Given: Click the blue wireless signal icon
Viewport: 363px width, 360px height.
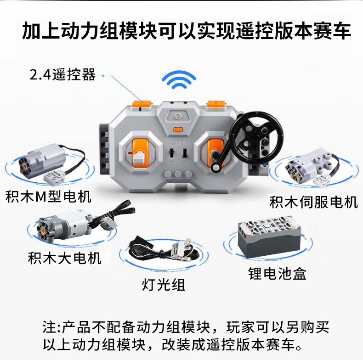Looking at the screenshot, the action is (x=179, y=80).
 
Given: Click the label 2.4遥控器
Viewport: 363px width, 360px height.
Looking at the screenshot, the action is (x=63, y=75).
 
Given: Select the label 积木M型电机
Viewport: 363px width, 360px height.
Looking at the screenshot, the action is (x=48, y=197).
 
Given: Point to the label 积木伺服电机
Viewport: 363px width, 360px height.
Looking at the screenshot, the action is (x=314, y=202).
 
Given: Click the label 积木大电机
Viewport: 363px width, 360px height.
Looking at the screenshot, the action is (x=65, y=258).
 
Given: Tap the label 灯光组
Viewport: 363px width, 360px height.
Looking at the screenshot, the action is (x=164, y=284).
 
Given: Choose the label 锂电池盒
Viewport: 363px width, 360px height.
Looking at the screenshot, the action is (x=278, y=274).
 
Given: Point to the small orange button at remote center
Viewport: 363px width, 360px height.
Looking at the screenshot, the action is (x=178, y=129).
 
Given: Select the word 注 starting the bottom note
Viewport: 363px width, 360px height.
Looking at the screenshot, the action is (x=49, y=327).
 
